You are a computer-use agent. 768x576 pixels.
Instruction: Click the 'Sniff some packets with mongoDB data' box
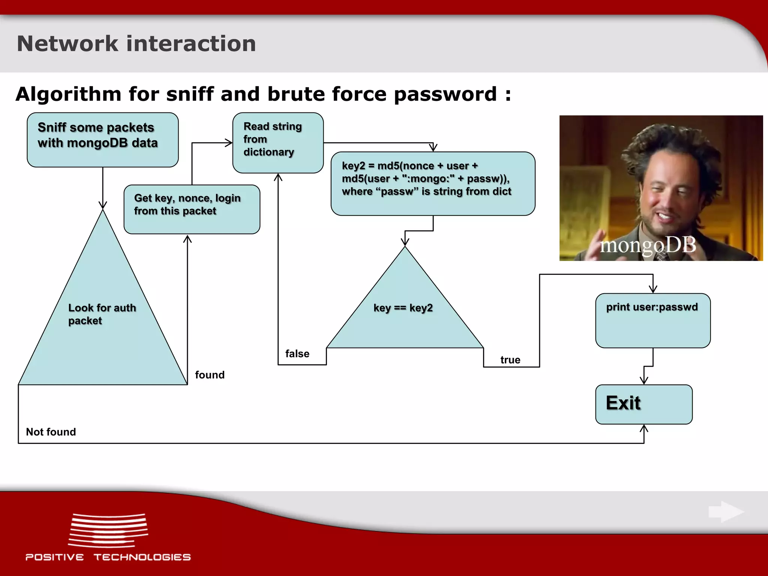click(102, 139)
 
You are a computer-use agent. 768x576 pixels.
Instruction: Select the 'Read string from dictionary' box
click(277, 142)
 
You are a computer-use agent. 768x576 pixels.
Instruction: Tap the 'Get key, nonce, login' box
click(192, 209)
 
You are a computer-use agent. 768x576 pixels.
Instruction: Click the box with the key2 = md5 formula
click(433, 183)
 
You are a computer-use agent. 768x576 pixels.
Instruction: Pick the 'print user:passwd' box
click(652, 320)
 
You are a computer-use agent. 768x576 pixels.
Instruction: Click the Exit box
click(643, 404)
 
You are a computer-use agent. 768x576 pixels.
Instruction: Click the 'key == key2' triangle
click(404, 311)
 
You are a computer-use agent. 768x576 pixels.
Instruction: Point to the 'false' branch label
click(297, 354)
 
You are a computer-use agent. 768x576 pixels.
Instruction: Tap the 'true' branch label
click(510, 360)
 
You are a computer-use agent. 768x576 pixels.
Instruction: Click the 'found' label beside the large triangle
click(210, 375)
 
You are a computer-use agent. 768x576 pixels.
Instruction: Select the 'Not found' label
click(51, 432)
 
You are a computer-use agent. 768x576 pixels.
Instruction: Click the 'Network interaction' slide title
click(136, 43)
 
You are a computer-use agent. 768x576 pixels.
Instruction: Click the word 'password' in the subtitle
click(445, 94)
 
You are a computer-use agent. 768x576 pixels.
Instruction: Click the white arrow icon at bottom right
click(726, 511)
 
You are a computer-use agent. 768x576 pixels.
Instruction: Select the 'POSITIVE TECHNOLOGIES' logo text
click(108, 557)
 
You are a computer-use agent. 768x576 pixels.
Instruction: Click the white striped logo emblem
click(108, 530)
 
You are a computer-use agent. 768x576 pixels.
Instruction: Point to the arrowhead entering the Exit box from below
click(644, 428)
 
